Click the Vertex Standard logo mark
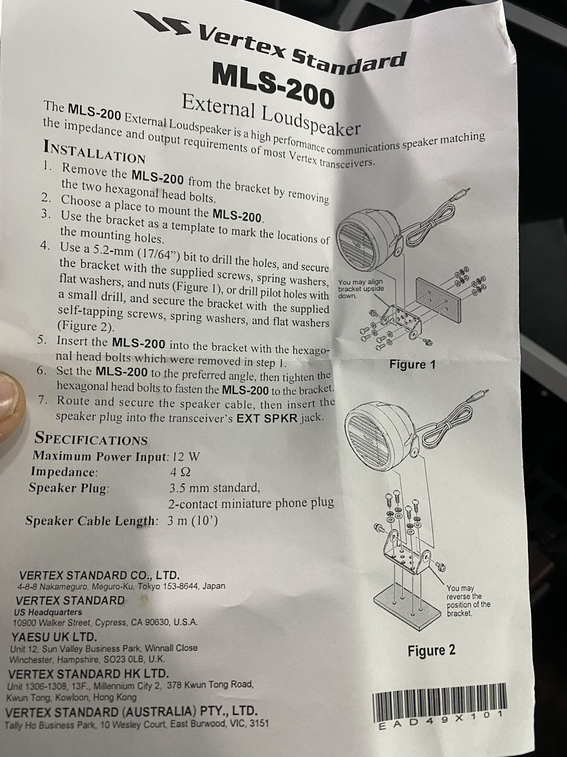pyautogui.click(x=161, y=22)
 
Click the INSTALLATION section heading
pyautogui.click(x=94, y=153)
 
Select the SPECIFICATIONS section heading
pyautogui.click(x=91, y=439)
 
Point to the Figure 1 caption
pyautogui.click(x=412, y=364)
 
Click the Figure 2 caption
pyautogui.click(x=431, y=651)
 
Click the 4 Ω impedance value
pyautogui.click(x=180, y=472)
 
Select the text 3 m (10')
pyautogui.click(x=193, y=520)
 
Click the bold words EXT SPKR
pyautogui.click(x=267, y=419)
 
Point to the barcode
pyautogui.click(x=439, y=701)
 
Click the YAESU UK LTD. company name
pyautogui.click(x=54, y=635)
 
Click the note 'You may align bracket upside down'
pyautogui.click(x=361, y=289)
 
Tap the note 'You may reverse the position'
pyautogui.click(x=468, y=600)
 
